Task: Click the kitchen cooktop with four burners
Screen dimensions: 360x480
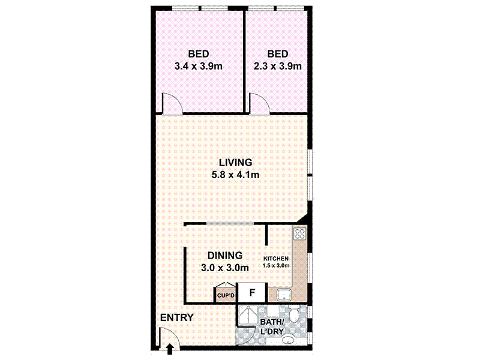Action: coord(300,234)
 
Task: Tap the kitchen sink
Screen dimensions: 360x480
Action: coord(283,294)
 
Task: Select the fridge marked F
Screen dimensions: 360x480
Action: coord(253,293)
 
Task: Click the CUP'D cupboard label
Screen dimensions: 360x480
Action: coord(225,296)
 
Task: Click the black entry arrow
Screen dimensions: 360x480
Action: coord(170,347)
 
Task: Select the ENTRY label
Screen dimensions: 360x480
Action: coord(176,317)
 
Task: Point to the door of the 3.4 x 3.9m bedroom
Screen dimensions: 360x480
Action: coord(172,103)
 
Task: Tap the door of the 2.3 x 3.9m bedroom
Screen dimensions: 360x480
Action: coord(259,103)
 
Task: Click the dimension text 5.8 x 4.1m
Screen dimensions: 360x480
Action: coord(235,175)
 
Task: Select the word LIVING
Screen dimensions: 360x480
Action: coord(235,163)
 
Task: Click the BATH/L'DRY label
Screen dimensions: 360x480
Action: coord(274,328)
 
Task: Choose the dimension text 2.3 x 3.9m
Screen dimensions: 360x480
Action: coord(277,66)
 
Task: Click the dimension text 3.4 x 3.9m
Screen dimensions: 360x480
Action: coord(198,66)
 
